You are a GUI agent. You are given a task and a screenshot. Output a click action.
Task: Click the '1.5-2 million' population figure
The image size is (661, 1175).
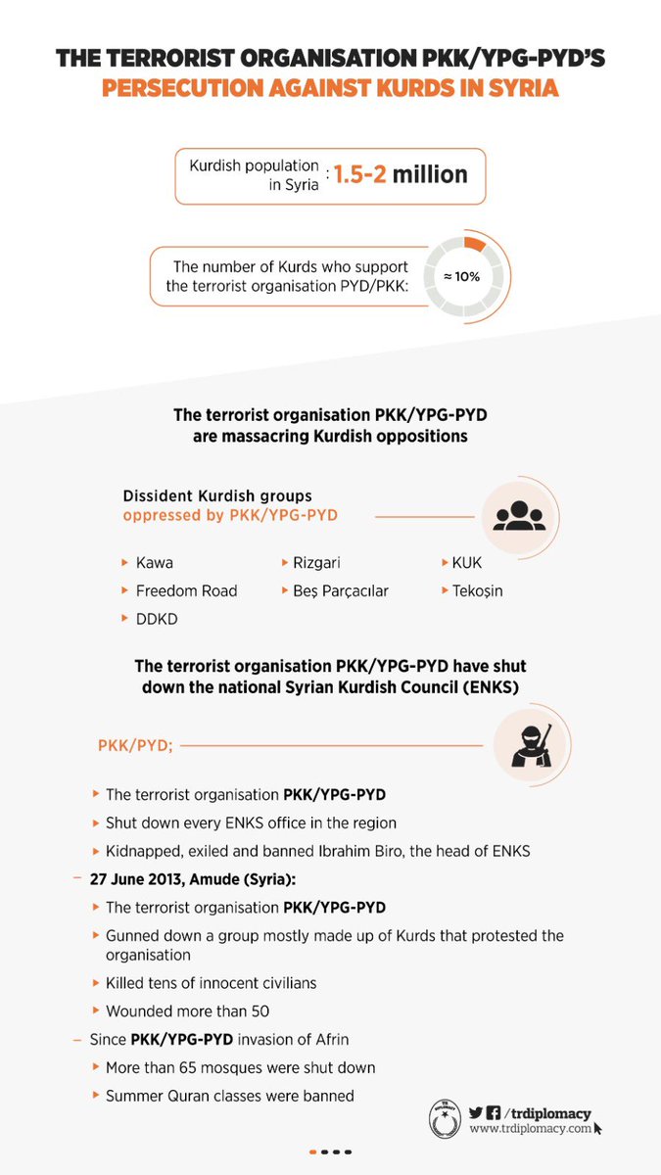[401, 175]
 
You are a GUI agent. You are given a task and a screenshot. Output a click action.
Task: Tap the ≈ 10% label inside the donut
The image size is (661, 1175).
[461, 276]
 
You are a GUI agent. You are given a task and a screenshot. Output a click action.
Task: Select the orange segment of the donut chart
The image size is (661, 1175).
[474, 243]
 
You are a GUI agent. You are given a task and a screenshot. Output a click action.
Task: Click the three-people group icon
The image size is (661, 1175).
[518, 516]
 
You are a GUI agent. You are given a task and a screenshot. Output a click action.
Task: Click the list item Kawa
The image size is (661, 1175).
[155, 563]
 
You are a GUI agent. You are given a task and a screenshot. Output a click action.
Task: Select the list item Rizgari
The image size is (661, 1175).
[316, 563]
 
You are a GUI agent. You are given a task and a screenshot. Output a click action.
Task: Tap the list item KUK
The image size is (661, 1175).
[466, 563]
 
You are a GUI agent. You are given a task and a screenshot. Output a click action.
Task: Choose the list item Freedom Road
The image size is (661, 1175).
[186, 590]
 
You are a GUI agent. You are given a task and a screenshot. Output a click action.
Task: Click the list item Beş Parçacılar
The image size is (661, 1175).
[340, 590]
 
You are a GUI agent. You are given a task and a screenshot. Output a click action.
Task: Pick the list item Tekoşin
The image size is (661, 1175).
[477, 590]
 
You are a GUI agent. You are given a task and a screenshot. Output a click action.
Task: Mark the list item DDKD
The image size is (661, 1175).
[157, 619]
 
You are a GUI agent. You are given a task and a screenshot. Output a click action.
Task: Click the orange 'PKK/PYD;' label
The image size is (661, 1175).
[135, 745]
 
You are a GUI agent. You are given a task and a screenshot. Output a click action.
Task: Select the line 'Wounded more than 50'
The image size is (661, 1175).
[187, 1010]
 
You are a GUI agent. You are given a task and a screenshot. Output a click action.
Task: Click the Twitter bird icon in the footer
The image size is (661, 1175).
[476, 1113]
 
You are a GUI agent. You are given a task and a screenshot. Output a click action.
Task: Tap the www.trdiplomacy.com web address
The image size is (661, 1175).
[530, 1129]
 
